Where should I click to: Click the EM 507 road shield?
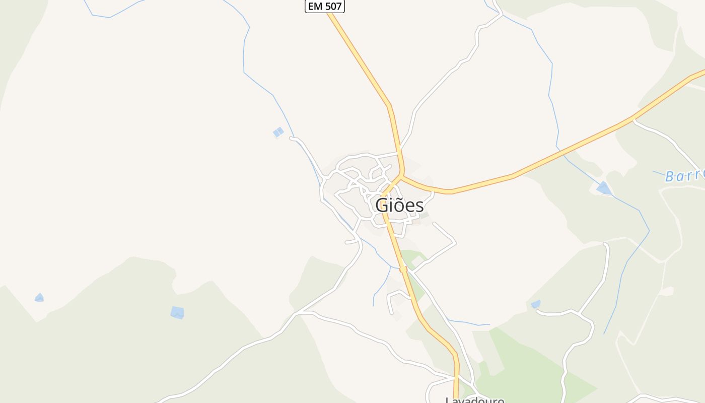coord(325,7)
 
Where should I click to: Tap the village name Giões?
coord(399,206)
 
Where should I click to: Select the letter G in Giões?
coord(383,206)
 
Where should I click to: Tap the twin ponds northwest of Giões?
coord(278,132)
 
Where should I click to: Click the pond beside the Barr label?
coord(603,188)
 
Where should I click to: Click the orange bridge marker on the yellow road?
coord(403,270)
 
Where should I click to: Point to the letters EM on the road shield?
coord(315,7)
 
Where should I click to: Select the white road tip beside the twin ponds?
coord(292,138)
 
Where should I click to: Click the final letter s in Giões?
coord(419,206)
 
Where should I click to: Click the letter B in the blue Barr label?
coord(670,176)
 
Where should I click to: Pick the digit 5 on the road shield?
coord(328,7)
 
